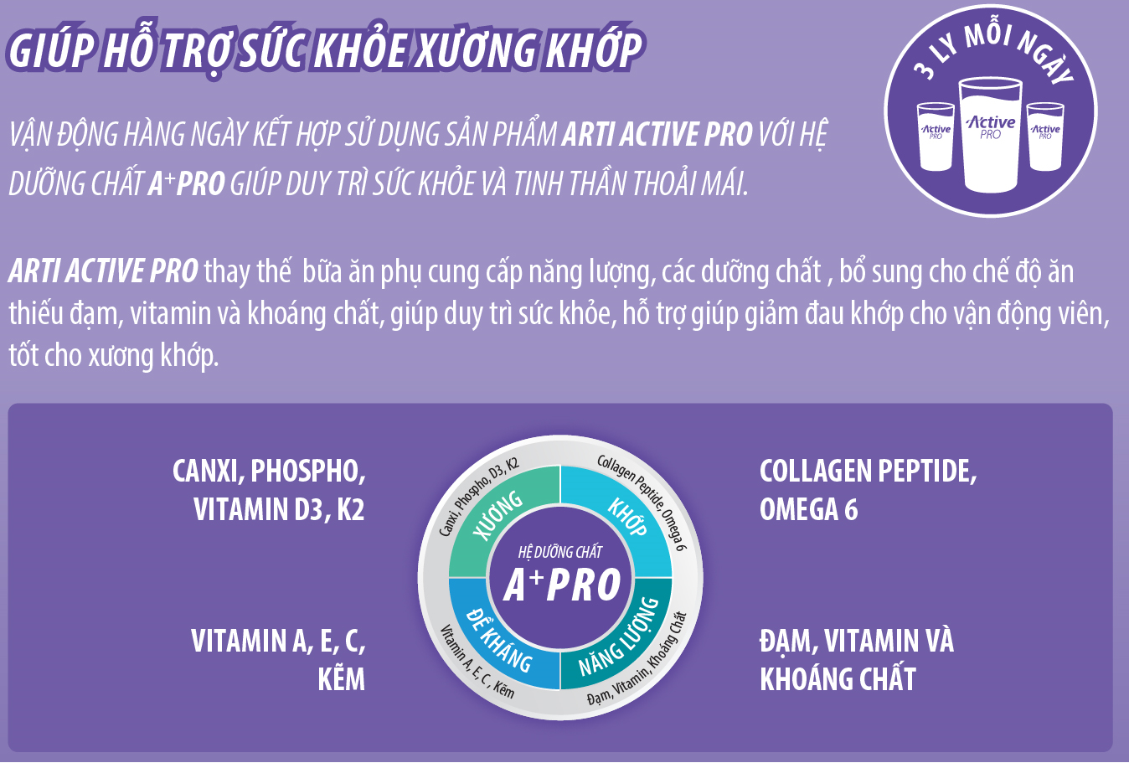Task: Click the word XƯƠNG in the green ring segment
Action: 498,515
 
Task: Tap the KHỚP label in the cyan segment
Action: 627,517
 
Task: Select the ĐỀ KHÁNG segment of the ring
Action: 498,640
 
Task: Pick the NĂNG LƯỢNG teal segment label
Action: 619,637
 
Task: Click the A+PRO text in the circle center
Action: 561,585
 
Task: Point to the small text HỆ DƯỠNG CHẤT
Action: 560,552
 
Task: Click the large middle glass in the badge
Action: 990,135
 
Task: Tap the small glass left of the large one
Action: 936,137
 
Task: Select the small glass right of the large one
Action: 1045,137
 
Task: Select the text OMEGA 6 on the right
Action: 808,509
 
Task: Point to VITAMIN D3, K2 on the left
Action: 279,509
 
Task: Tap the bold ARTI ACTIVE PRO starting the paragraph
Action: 103,271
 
